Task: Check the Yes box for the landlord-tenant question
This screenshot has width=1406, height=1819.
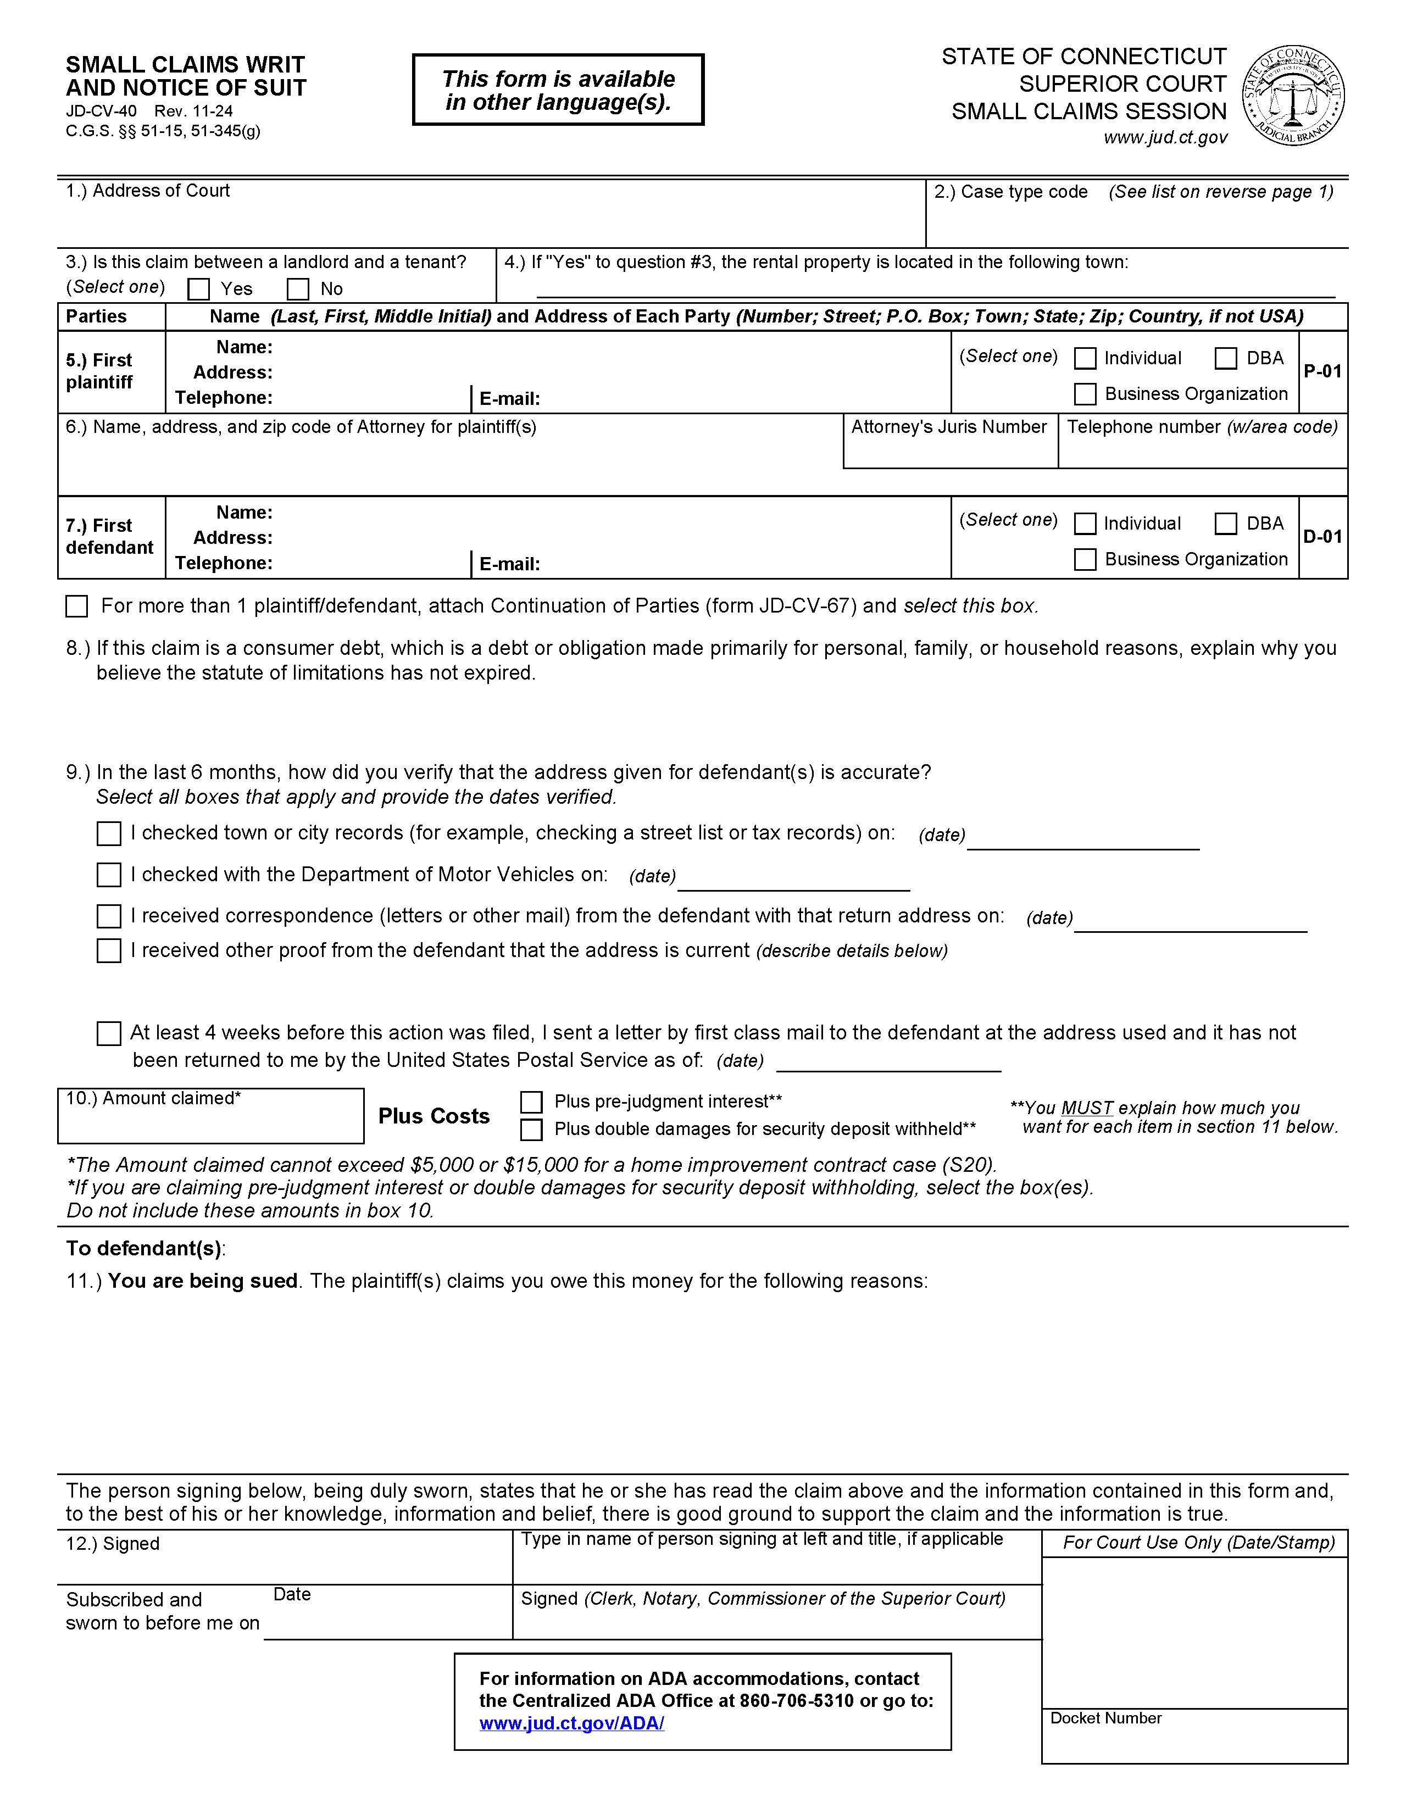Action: click(x=198, y=289)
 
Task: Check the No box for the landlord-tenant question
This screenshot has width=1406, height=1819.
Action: click(x=297, y=289)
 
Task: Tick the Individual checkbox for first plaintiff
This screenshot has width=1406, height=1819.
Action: click(x=1085, y=358)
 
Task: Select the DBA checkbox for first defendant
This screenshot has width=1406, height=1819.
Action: click(x=1225, y=524)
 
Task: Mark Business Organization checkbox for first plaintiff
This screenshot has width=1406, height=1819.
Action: click(x=1085, y=394)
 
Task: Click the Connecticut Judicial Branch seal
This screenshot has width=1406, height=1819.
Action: click(x=1293, y=96)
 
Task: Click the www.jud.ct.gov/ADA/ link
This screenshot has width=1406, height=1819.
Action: click(x=571, y=1723)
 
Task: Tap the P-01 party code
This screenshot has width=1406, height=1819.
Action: click(x=1322, y=371)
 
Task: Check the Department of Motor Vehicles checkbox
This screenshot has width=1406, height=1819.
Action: click(x=109, y=875)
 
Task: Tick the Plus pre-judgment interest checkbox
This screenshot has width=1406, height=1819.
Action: click(x=531, y=1102)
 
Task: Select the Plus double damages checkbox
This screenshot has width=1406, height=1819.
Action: click(x=531, y=1130)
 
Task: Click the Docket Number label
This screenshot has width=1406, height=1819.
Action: click(x=1105, y=1718)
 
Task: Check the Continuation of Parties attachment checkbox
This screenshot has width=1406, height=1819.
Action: click(x=76, y=607)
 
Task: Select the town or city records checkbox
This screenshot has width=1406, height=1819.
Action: click(x=109, y=834)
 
